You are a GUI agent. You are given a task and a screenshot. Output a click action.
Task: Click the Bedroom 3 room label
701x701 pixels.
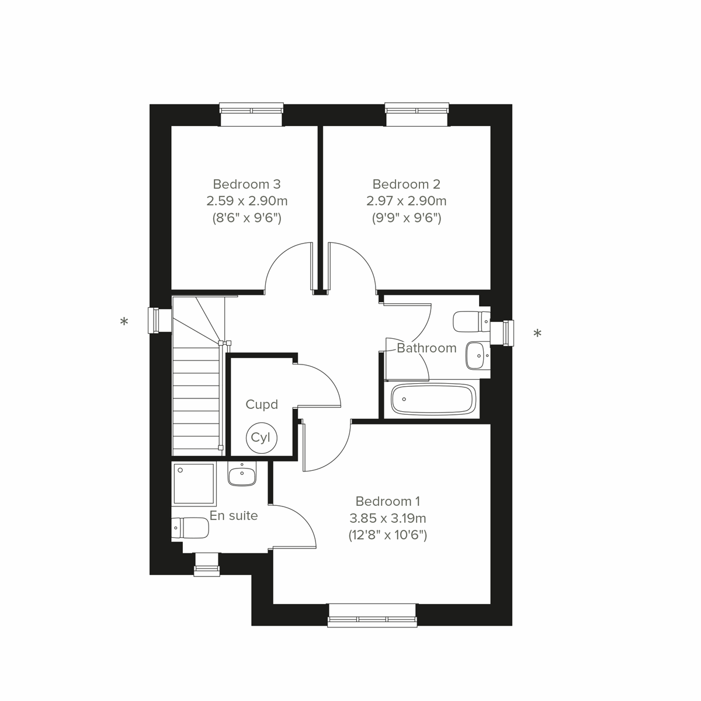(247, 184)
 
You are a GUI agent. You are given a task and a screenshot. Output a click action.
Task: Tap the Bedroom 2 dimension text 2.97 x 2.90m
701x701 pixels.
(406, 201)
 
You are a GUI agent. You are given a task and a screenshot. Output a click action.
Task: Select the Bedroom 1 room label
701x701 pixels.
(388, 501)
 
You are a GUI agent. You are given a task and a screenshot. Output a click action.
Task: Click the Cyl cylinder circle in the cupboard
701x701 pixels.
(261, 437)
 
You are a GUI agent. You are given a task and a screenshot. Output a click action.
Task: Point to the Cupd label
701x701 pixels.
(261, 404)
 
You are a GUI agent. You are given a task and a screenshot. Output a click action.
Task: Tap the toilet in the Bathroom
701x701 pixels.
(471, 321)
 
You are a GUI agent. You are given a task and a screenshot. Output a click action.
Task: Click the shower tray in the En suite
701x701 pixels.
(195, 485)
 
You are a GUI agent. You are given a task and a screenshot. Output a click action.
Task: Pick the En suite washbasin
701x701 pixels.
(242, 475)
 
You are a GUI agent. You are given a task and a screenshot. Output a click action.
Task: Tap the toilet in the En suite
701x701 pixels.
(190, 529)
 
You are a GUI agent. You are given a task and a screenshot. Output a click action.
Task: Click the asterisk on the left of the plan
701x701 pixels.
(124, 322)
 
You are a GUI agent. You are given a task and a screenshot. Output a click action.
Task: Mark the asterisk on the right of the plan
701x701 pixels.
(537, 334)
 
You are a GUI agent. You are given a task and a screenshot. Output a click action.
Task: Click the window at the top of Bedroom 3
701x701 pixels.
(251, 114)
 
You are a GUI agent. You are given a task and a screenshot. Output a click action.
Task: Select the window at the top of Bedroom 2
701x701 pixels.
(417, 114)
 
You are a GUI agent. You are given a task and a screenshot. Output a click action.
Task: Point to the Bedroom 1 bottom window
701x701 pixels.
(372, 616)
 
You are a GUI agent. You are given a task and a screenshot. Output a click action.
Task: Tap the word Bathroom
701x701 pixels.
(426, 348)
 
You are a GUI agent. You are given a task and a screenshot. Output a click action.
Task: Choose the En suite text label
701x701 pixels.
(234, 516)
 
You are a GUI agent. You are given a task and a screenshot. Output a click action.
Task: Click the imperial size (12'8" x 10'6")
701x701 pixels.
(388, 535)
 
